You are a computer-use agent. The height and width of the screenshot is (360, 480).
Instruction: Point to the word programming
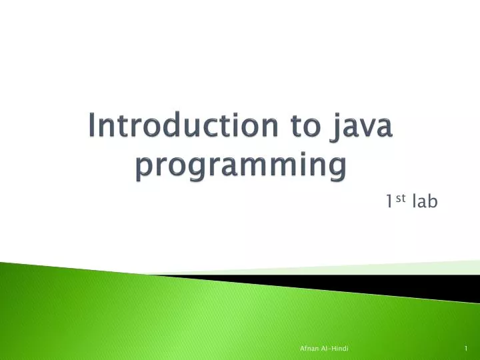coord(241,165)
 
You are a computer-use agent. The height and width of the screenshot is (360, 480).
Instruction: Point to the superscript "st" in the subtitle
coord(401,197)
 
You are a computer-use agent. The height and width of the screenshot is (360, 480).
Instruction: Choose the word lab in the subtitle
coord(425,201)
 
